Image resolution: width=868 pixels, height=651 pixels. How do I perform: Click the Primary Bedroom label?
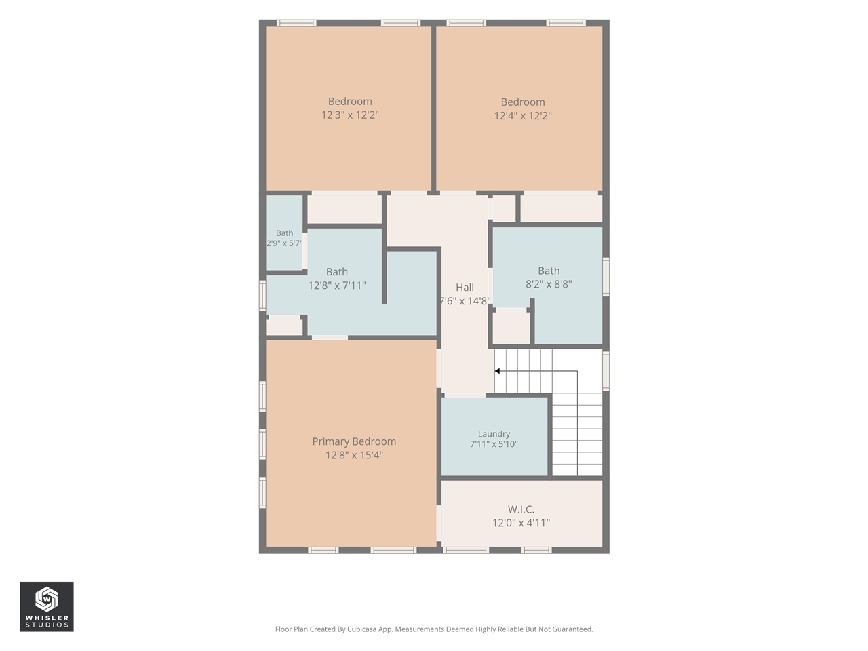[354, 441]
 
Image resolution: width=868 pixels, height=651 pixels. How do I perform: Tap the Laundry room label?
[494, 434]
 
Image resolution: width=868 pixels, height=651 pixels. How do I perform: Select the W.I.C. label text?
[521, 509]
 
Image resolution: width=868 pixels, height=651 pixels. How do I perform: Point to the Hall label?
[465, 288]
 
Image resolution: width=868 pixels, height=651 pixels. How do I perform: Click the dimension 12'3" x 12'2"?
[350, 115]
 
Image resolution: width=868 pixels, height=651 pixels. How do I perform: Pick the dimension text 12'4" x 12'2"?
[523, 116]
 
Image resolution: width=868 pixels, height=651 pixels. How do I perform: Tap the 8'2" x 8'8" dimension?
[549, 284]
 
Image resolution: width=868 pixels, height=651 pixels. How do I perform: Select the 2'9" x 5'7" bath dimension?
[284, 243]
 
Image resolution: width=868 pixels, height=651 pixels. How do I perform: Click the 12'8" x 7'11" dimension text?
[337, 285]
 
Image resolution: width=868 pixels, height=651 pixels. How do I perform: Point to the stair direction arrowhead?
[497, 371]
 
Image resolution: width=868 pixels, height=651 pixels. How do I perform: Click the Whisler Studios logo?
[47, 606]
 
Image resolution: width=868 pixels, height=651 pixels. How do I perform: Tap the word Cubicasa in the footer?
[362, 629]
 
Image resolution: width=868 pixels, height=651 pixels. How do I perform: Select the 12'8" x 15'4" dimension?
[354, 455]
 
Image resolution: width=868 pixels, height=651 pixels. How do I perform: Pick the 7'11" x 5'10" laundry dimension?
[494, 444]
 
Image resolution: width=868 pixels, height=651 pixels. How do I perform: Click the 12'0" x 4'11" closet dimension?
[521, 523]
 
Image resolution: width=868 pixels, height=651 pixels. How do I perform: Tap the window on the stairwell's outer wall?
[606, 371]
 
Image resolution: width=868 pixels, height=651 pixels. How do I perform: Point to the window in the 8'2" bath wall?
[606, 277]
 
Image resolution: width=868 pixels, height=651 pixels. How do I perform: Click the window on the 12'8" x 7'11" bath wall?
[262, 295]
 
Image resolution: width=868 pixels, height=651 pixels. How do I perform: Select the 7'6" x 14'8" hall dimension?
[465, 301]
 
